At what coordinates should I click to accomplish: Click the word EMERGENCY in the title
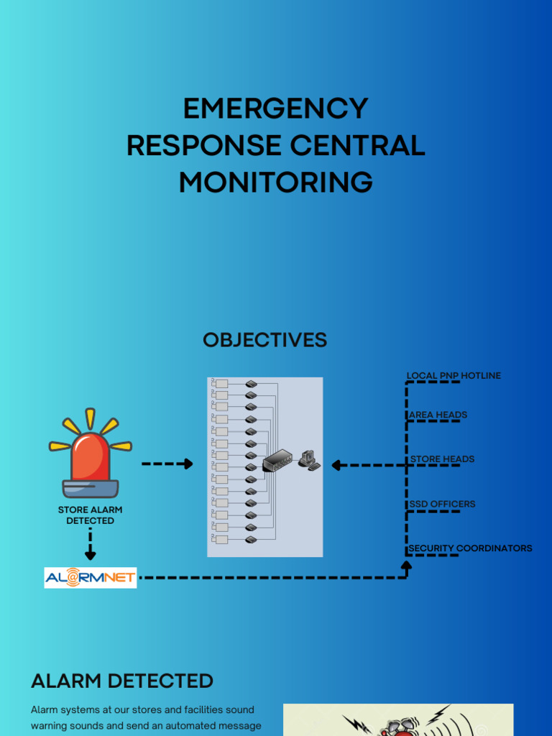[x=275, y=109]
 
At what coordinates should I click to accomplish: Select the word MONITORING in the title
[x=275, y=183]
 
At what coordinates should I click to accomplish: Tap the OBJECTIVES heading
[x=264, y=340]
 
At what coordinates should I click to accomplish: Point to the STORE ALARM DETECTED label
[x=90, y=515]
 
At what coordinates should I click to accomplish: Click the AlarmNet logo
[x=91, y=577]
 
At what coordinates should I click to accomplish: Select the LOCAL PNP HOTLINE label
[x=454, y=375]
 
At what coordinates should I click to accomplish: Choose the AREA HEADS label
[x=438, y=415]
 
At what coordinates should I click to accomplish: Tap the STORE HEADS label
[x=442, y=459]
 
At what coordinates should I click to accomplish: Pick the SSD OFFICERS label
[x=442, y=504]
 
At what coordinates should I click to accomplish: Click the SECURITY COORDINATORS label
[x=470, y=548]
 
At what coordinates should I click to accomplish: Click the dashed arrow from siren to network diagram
[x=167, y=464]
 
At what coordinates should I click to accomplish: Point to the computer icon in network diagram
[x=309, y=460]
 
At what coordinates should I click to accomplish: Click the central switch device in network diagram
[x=277, y=461]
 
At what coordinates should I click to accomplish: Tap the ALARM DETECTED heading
[x=122, y=681]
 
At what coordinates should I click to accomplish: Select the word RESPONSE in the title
[x=204, y=146]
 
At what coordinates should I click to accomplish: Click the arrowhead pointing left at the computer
[x=336, y=465]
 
